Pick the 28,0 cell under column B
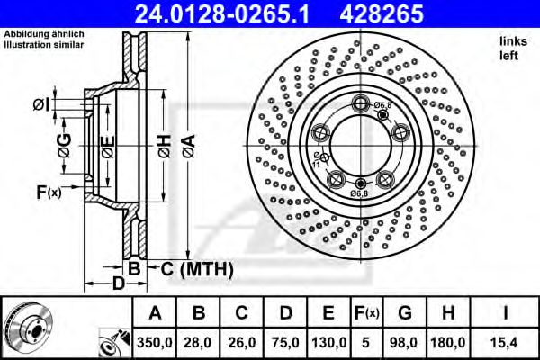pyautogui.click(x=200, y=341)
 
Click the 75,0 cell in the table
pyautogui.click(x=286, y=341)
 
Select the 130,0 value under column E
pyautogui.click(x=329, y=341)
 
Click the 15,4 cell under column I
pyautogui.click(x=507, y=341)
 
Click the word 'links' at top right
pyautogui.click(x=510, y=41)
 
